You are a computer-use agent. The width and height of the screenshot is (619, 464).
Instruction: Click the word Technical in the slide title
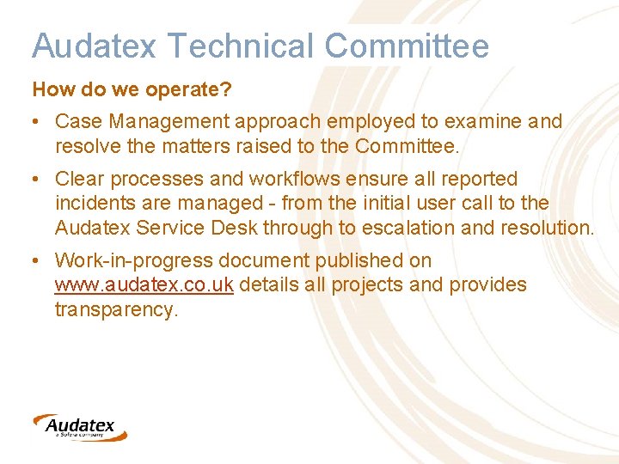pos(216,46)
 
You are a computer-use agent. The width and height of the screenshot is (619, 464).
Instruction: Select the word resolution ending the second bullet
pos(547,228)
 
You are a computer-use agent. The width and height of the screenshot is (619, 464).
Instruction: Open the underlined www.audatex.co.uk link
pos(144,284)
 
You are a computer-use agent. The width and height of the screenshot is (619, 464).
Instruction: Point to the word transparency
pos(116,309)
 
